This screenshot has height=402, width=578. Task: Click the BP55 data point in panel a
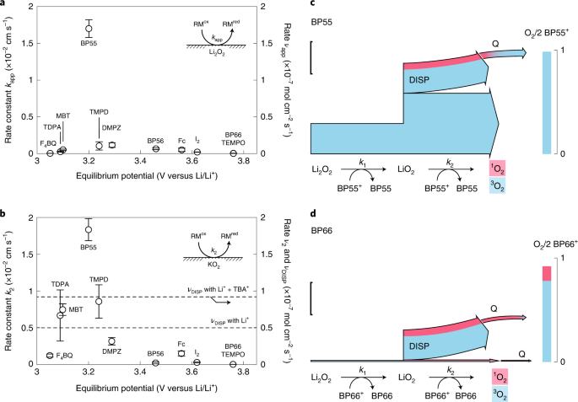89,28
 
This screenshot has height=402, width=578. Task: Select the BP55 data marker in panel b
89,229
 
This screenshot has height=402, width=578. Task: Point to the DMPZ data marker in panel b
111,341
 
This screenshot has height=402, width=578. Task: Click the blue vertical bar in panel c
547,102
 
